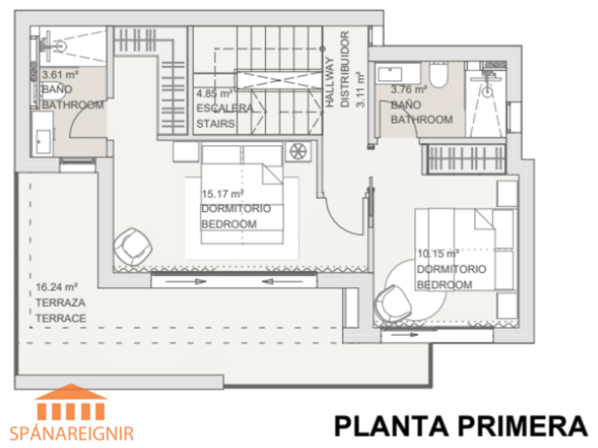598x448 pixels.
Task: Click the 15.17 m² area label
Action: [222, 194]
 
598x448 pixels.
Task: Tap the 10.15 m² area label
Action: [438, 254]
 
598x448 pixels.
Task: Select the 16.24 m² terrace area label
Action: [56, 286]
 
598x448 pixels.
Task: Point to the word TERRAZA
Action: [60, 303]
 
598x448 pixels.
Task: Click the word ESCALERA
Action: [225, 109]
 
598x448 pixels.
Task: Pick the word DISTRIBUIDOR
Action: [345, 69]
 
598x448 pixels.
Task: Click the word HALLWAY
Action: [329, 82]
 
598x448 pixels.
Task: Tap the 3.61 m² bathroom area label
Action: [60, 74]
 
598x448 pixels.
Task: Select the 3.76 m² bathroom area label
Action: [409, 90]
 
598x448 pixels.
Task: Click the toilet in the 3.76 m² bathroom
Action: [438, 74]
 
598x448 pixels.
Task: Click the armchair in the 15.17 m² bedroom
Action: [133, 246]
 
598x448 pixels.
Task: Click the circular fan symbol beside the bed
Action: [299, 151]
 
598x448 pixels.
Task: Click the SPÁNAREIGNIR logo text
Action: [72, 433]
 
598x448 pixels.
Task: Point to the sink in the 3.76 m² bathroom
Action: [389, 74]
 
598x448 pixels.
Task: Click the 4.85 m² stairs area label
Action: [214, 93]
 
